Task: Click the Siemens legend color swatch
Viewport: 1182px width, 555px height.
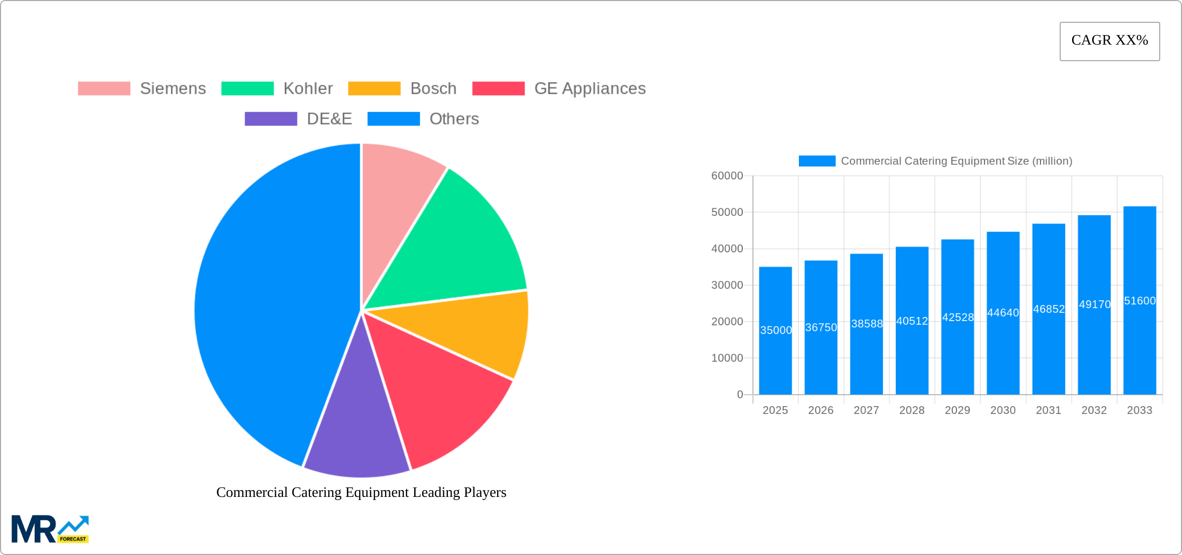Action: click(x=104, y=89)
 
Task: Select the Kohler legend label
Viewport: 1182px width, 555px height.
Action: click(x=308, y=89)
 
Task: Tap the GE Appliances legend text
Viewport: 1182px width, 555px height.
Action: click(x=589, y=89)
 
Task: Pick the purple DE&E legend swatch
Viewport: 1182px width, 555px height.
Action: click(x=271, y=119)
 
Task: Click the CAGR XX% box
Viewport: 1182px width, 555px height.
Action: click(x=1109, y=41)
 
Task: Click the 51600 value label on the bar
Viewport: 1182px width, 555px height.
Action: click(x=1139, y=301)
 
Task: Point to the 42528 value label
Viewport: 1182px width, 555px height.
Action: click(x=958, y=317)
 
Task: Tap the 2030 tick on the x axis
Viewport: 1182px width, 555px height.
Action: click(x=1003, y=410)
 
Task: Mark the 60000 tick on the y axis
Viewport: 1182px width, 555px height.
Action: click(x=727, y=176)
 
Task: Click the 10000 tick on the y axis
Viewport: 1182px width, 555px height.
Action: click(x=727, y=358)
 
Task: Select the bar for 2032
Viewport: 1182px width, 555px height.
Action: click(x=1094, y=353)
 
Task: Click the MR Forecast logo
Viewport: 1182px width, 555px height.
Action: click(x=50, y=529)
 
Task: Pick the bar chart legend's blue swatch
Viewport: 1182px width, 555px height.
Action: click(x=817, y=161)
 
